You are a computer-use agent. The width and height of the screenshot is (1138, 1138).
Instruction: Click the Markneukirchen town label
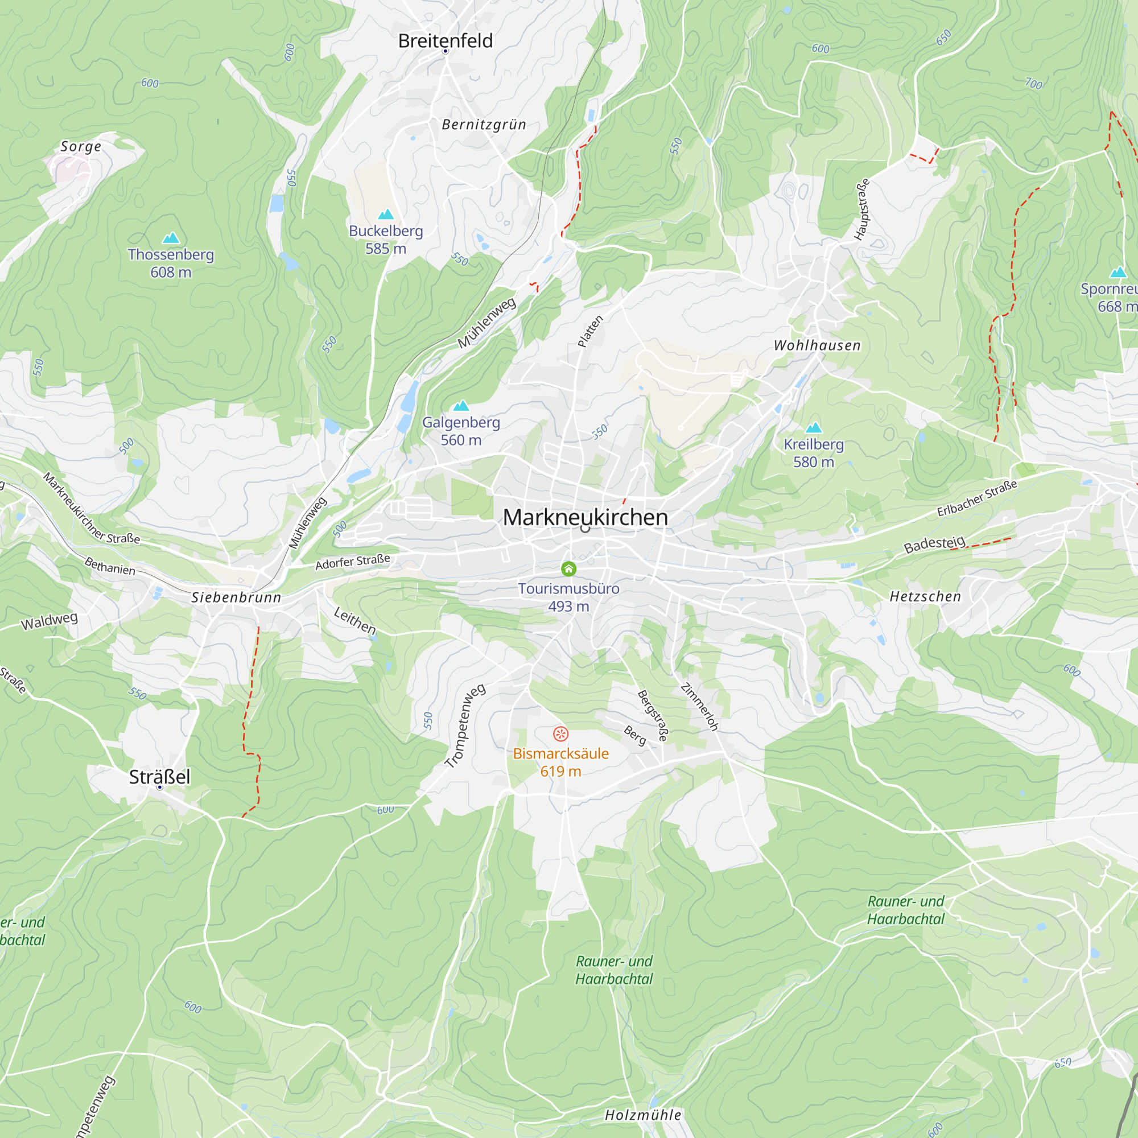pos(586,517)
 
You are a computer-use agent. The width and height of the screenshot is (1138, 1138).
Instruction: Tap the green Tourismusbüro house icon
pos(568,568)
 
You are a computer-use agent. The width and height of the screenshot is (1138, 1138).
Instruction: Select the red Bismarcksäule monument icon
pos(560,734)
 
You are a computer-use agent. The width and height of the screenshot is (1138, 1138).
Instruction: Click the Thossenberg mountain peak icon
pos(171,238)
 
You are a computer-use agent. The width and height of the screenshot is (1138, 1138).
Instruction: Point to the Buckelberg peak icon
pos(386,215)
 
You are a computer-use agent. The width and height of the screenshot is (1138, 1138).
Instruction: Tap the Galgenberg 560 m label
pos(461,431)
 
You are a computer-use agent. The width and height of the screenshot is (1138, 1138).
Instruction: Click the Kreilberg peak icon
pos(814,428)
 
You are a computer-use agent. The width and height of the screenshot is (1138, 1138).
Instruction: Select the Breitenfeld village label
pos(446,40)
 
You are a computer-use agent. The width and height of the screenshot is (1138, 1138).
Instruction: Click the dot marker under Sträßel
pos(160,787)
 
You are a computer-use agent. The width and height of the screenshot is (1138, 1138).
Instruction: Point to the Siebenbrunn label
pos(236,597)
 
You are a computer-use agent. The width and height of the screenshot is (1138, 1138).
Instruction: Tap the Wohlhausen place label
pos(817,345)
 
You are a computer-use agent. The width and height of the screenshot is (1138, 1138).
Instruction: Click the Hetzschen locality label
pos(925,597)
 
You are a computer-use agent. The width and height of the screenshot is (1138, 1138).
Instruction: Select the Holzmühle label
pos(642,1115)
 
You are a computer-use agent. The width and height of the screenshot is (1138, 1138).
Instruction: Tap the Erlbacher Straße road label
pos(976,498)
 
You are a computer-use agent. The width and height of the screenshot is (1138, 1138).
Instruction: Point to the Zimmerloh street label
pos(699,707)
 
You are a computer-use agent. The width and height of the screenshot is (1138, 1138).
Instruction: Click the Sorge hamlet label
pos(81,146)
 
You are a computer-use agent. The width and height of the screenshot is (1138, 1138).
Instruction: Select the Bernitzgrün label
pos(484,124)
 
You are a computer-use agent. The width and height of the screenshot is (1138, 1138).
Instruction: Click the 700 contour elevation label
pos(1034,83)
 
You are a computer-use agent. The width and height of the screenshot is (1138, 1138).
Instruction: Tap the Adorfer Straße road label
pos(352,562)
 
